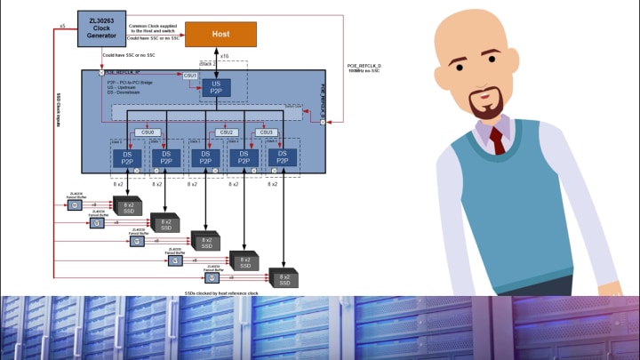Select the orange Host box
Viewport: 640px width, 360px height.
point(220,35)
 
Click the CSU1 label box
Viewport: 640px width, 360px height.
point(190,76)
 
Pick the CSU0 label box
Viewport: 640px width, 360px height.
point(148,132)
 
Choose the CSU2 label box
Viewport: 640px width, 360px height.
point(227,132)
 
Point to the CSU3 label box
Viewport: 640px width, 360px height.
point(265,132)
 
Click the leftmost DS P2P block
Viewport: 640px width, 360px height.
point(127,157)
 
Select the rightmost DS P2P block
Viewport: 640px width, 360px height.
point(283,157)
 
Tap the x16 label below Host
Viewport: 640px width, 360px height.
point(224,56)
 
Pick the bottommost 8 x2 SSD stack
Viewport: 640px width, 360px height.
point(283,278)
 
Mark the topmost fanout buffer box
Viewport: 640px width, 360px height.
point(76,205)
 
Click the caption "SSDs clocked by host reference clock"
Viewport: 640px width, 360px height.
point(221,292)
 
